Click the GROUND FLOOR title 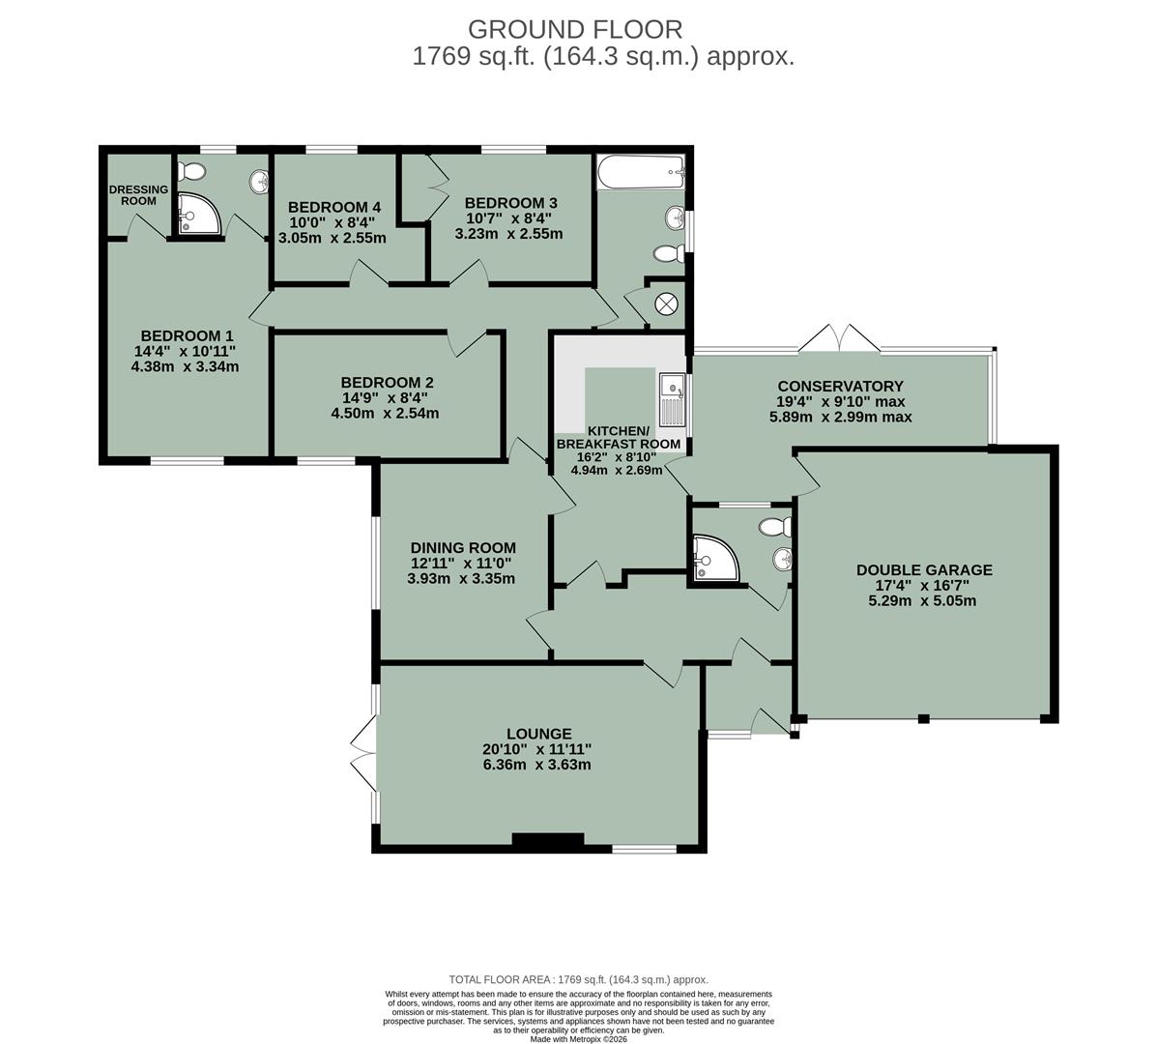tap(574, 29)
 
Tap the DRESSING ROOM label tap(138, 194)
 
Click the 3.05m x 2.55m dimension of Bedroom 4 tap(333, 238)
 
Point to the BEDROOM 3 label tap(510, 202)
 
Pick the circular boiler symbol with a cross tap(667, 303)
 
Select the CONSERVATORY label tap(840, 386)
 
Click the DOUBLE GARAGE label tap(924, 569)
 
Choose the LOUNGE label tap(539, 734)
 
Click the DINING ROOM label tap(462, 547)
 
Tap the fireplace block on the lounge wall tap(547, 842)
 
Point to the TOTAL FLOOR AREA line tap(578, 979)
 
